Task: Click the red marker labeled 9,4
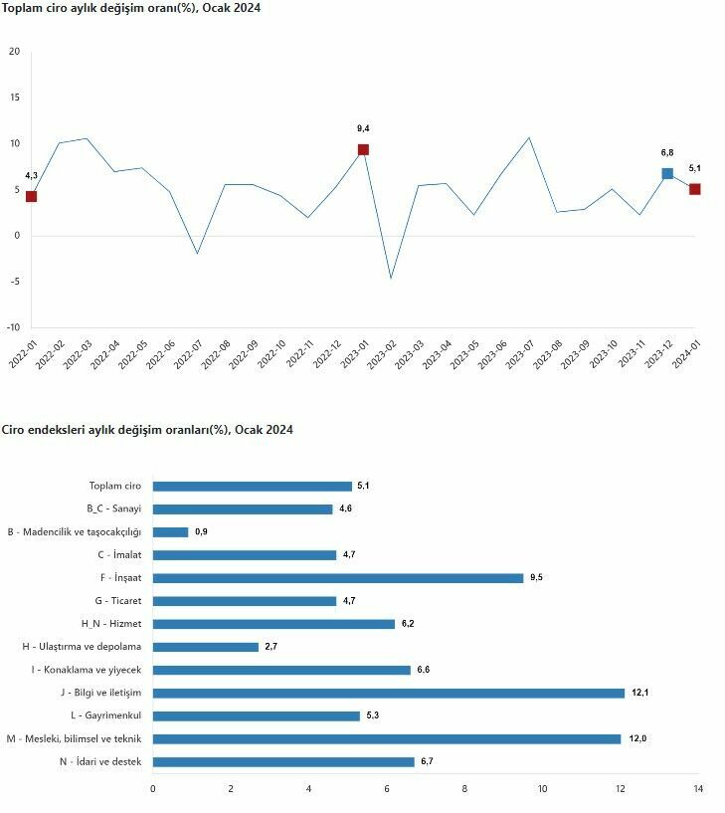[363, 150]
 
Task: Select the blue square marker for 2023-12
[667, 173]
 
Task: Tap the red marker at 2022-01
[32, 196]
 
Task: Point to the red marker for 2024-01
[694, 189]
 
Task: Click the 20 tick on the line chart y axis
[14, 52]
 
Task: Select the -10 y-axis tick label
[12, 327]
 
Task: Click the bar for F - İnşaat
[338, 578]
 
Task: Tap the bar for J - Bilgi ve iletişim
[388, 693]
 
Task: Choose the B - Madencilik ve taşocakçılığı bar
[170, 532]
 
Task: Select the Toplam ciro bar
[252, 487]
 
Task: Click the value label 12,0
[637, 738]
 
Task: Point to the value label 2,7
[271, 647]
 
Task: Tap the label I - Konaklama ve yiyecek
[87, 670]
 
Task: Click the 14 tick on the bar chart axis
[698, 789]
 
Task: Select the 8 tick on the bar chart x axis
[464, 789]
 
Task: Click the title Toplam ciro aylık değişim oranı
[130, 8]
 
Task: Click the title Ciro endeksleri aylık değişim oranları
[146, 430]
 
